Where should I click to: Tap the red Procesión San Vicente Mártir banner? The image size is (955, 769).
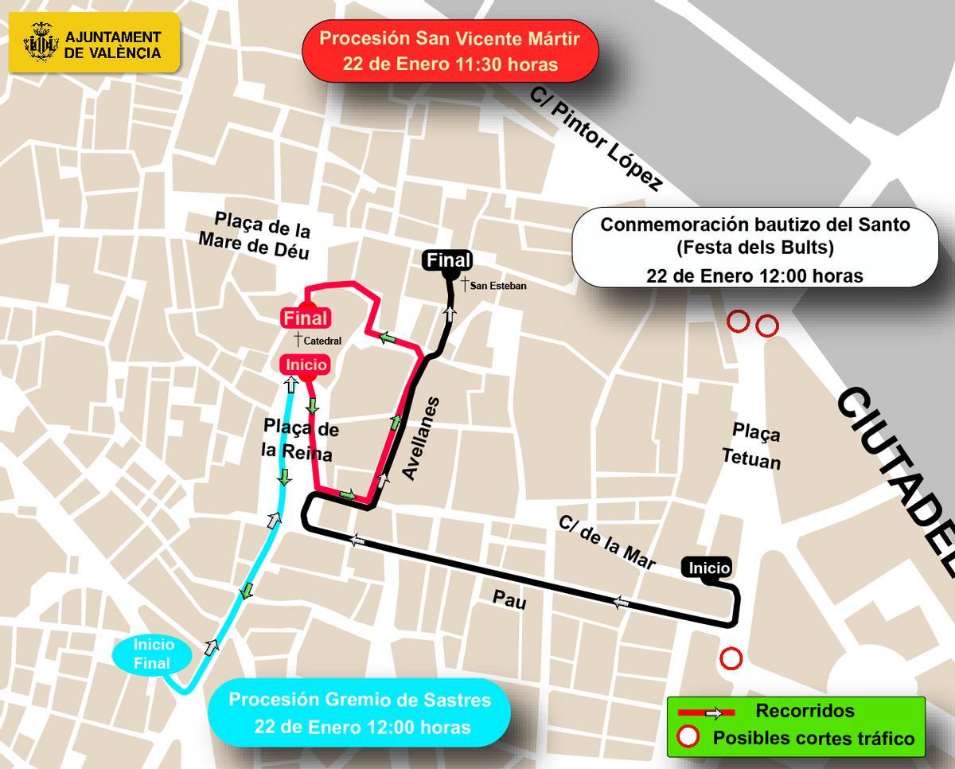tap(450, 51)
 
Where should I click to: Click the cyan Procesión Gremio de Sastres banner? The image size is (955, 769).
tap(359, 712)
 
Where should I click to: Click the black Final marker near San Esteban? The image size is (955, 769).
tap(449, 260)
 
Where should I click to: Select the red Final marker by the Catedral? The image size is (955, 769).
tap(306, 318)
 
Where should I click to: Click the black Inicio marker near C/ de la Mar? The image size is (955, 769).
tap(708, 568)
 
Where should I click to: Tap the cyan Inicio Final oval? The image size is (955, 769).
tap(153, 654)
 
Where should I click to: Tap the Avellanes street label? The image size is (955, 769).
tap(420, 438)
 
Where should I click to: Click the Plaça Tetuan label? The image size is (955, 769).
tap(752, 446)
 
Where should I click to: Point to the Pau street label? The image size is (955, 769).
tap(509, 599)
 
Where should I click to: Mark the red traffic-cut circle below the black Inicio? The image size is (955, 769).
tap(731, 658)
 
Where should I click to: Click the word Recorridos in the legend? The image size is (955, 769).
tap(805, 711)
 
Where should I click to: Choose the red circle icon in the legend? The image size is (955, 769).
tap(687, 737)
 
